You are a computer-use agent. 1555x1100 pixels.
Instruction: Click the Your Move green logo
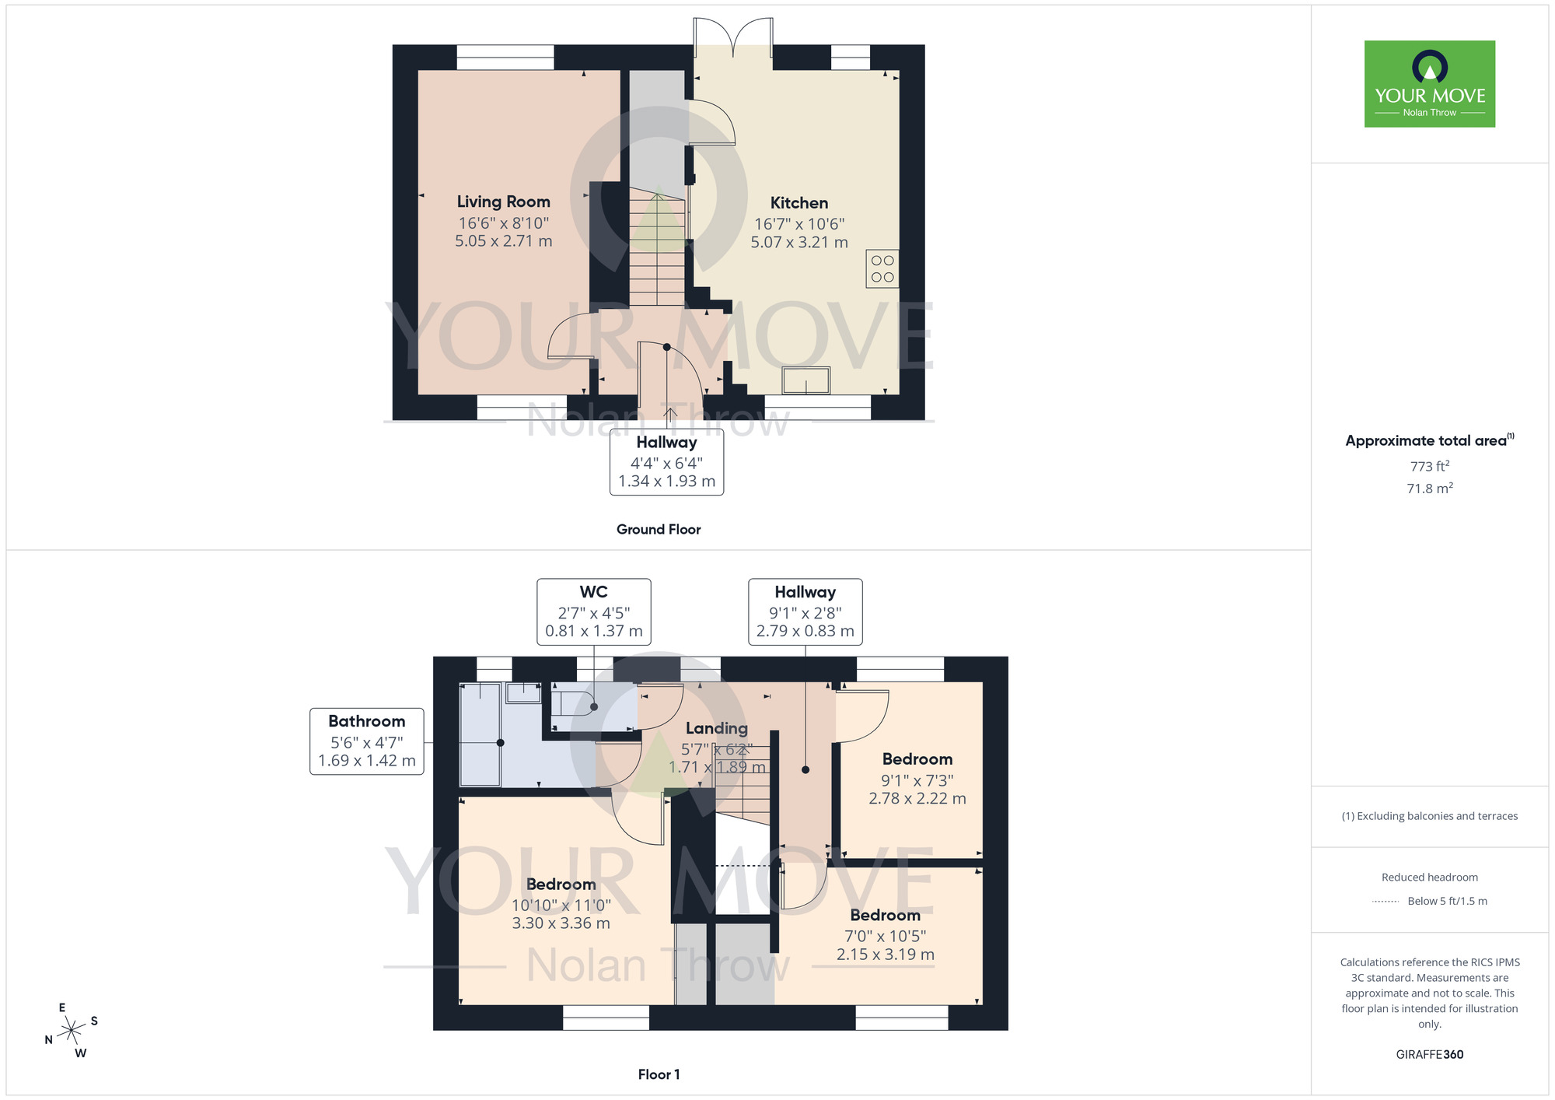[1429, 84]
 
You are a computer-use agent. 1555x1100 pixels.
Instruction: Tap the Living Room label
[503, 202]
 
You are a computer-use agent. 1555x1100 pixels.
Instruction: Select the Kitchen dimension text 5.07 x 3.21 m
[798, 243]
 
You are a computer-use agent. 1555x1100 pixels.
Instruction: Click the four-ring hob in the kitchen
[882, 269]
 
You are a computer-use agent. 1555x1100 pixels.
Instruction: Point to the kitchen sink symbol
[805, 381]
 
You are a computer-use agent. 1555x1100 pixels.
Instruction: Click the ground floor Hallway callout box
[666, 462]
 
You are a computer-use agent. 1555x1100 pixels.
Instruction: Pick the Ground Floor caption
[659, 530]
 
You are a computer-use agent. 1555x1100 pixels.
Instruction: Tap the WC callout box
[593, 611]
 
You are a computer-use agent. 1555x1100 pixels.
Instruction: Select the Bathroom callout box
[366, 741]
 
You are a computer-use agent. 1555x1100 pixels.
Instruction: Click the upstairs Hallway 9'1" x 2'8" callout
[805, 611]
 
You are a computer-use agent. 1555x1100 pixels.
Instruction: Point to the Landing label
[716, 729]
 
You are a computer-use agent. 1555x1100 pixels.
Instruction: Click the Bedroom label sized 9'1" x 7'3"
[917, 759]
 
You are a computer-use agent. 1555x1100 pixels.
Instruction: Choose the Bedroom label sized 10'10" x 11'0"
[561, 885]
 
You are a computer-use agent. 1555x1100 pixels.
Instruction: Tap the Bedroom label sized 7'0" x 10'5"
[885, 916]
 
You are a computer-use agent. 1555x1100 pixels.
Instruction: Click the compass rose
[72, 1031]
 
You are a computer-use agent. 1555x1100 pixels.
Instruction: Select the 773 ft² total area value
[1429, 467]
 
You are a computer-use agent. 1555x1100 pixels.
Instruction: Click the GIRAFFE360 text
[1429, 1055]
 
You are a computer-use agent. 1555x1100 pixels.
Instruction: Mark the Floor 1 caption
[659, 1074]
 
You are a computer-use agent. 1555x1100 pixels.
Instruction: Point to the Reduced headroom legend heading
[1429, 878]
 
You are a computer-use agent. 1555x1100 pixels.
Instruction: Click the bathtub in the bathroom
[480, 734]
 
